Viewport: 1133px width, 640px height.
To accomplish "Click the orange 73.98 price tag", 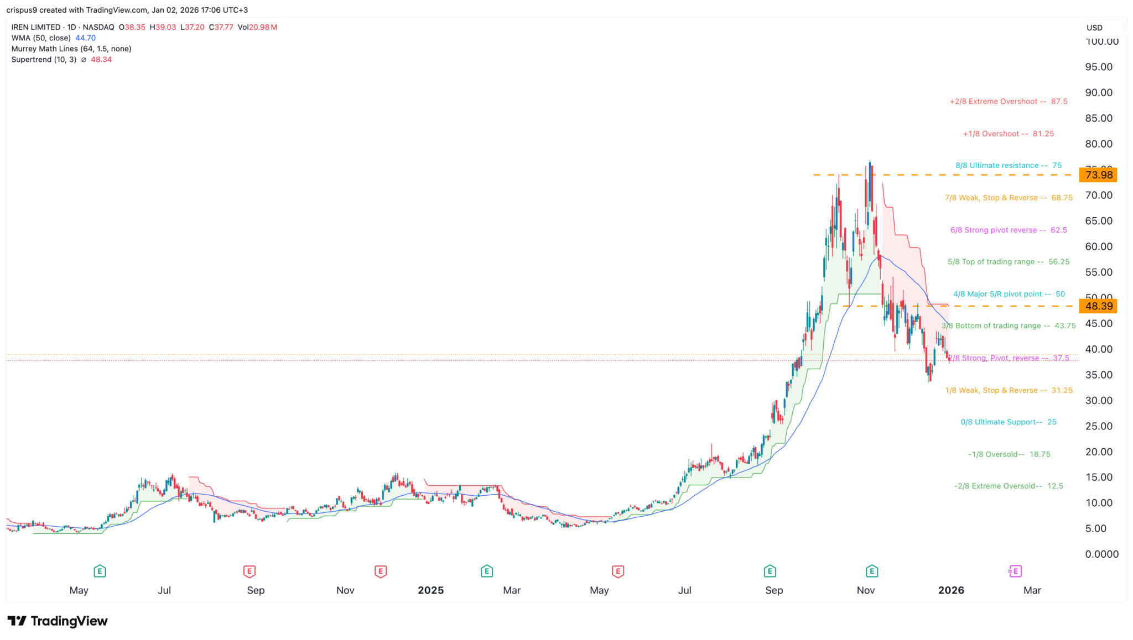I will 1098,175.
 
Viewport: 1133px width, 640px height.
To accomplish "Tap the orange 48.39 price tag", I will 1098,306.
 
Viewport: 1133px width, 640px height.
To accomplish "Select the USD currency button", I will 1094,28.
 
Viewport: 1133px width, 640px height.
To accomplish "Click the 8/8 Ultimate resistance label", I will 1008,165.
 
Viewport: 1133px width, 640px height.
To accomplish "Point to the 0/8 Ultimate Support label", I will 1008,422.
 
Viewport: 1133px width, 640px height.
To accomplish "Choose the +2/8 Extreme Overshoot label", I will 1008,102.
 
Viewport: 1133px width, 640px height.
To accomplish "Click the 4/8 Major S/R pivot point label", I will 1009,294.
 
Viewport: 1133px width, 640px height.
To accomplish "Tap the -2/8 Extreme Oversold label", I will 1008,486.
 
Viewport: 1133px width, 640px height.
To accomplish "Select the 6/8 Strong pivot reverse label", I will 1008,230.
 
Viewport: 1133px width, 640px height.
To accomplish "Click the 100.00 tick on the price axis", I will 1101,41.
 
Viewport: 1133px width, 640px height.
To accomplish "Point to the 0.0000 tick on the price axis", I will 1101,554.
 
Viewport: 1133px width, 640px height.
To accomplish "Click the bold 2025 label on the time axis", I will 430,590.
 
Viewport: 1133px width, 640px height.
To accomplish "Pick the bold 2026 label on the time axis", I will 951,590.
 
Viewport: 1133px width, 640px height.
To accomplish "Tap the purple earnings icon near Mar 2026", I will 1015,571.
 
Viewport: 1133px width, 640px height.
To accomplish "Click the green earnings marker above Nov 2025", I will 872,571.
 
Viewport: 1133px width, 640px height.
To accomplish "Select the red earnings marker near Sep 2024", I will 249,571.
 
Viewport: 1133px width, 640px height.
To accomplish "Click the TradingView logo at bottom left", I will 58,621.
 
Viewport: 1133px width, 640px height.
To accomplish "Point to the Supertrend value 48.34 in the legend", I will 101,60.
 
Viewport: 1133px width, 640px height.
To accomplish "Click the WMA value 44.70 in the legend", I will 86,38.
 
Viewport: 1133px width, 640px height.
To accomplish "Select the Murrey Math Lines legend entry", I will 71,49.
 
